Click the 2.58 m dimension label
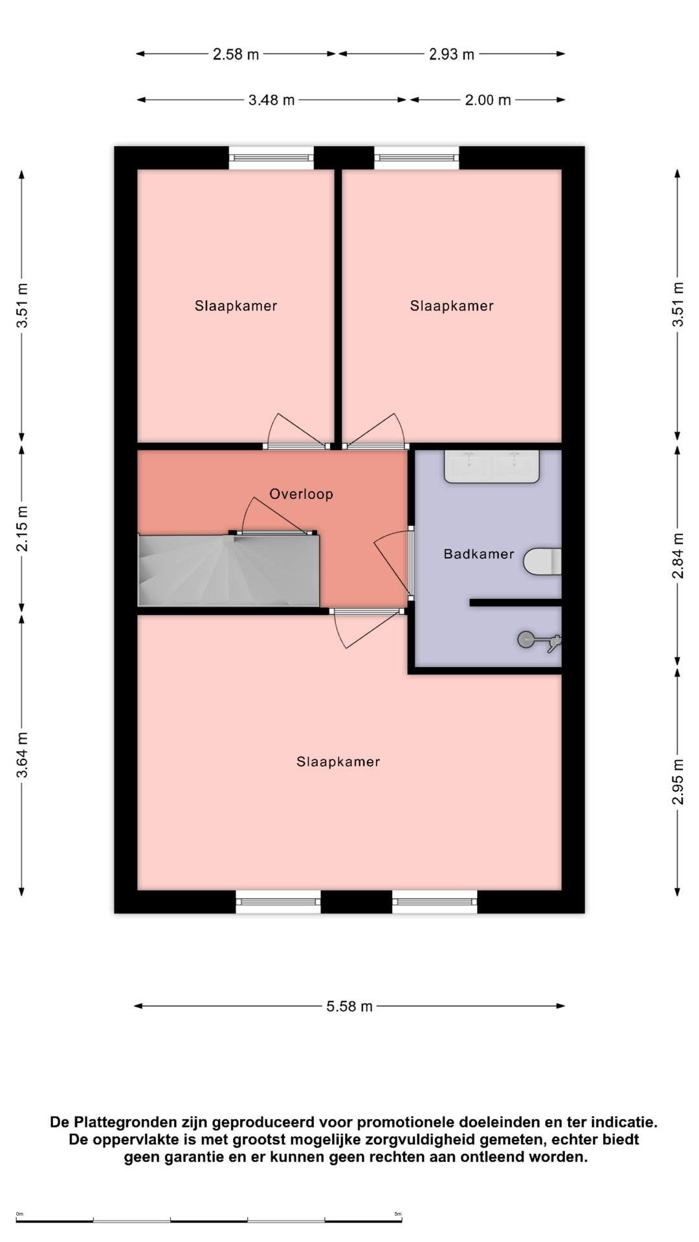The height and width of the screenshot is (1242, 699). tap(236, 54)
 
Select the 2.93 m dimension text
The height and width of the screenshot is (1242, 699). tap(452, 54)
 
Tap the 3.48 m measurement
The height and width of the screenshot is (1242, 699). tap(272, 100)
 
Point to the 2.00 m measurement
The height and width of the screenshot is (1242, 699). tap(488, 100)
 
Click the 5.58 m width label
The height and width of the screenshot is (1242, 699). tap(349, 1007)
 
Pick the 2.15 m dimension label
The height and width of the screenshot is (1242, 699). tap(22, 529)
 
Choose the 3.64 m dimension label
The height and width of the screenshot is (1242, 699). tap(22, 756)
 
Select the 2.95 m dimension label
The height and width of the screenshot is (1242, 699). tap(678, 781)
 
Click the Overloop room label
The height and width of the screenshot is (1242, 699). tap(302, 494)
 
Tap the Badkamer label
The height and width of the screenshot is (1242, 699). tap(479, 554)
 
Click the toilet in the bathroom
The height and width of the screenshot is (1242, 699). tap(542, 561)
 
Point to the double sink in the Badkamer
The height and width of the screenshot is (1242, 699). tap(492, 466)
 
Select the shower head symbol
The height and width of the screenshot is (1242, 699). tap(539, 640)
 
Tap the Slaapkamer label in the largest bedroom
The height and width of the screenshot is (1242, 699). tap(338, 762)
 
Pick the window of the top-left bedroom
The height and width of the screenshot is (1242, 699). tap(272, 158)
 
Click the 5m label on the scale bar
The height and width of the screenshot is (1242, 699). tap(398, 1214)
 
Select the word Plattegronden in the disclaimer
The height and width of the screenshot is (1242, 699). tap(124, 1122)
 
